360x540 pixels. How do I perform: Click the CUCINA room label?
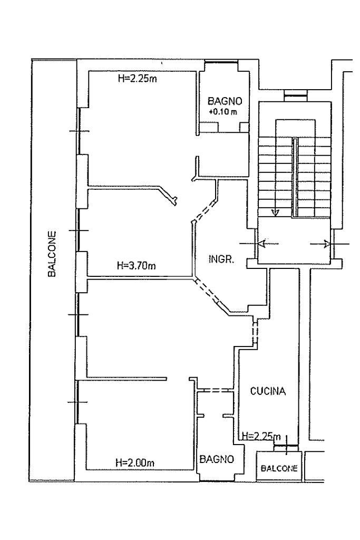(x=268, y=391)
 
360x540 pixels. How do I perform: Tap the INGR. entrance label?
(x=222, y=259)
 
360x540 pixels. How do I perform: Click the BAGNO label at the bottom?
(x=217, y=459)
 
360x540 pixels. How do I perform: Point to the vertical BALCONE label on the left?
(x=52, y=254)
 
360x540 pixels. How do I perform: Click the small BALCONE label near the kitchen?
(x=279, y=468)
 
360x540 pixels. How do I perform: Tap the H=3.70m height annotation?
(x=137, y=266)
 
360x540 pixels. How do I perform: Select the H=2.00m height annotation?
(x=135, y=462)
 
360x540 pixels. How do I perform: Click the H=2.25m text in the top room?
(x=138, y=79)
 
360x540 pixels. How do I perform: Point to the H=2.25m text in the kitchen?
(x=261, y=436)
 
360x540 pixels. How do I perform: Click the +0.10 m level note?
(x=223, y=112)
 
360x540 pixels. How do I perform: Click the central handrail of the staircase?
(x=295, y=178)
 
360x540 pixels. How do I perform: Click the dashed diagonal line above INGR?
(x=206, y=211)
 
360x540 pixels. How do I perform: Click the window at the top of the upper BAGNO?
(x=221, y=62)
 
